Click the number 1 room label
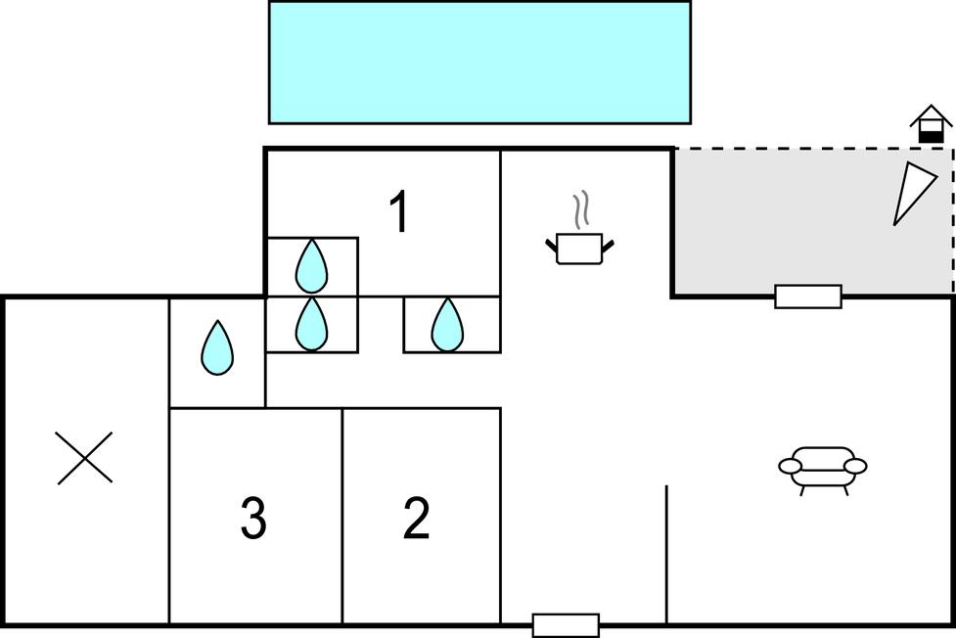point(398,212)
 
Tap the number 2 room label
point(416,519)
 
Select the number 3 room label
point(253,519)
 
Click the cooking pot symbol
point(579,248)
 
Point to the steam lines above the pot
point(581,209)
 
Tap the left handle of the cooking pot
point(552,245)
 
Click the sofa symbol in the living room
point(823,466)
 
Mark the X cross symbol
point(85,458)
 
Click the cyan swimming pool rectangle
point(479,62)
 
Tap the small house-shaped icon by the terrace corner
point(931,125)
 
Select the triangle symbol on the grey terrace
point(914,192)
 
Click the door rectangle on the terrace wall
point(808,296)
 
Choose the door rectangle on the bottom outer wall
point(566,624)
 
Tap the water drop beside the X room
point(217,348)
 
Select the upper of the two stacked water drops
point(311,264)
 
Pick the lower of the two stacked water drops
point(311,324)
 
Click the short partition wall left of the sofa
point(666,553)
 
